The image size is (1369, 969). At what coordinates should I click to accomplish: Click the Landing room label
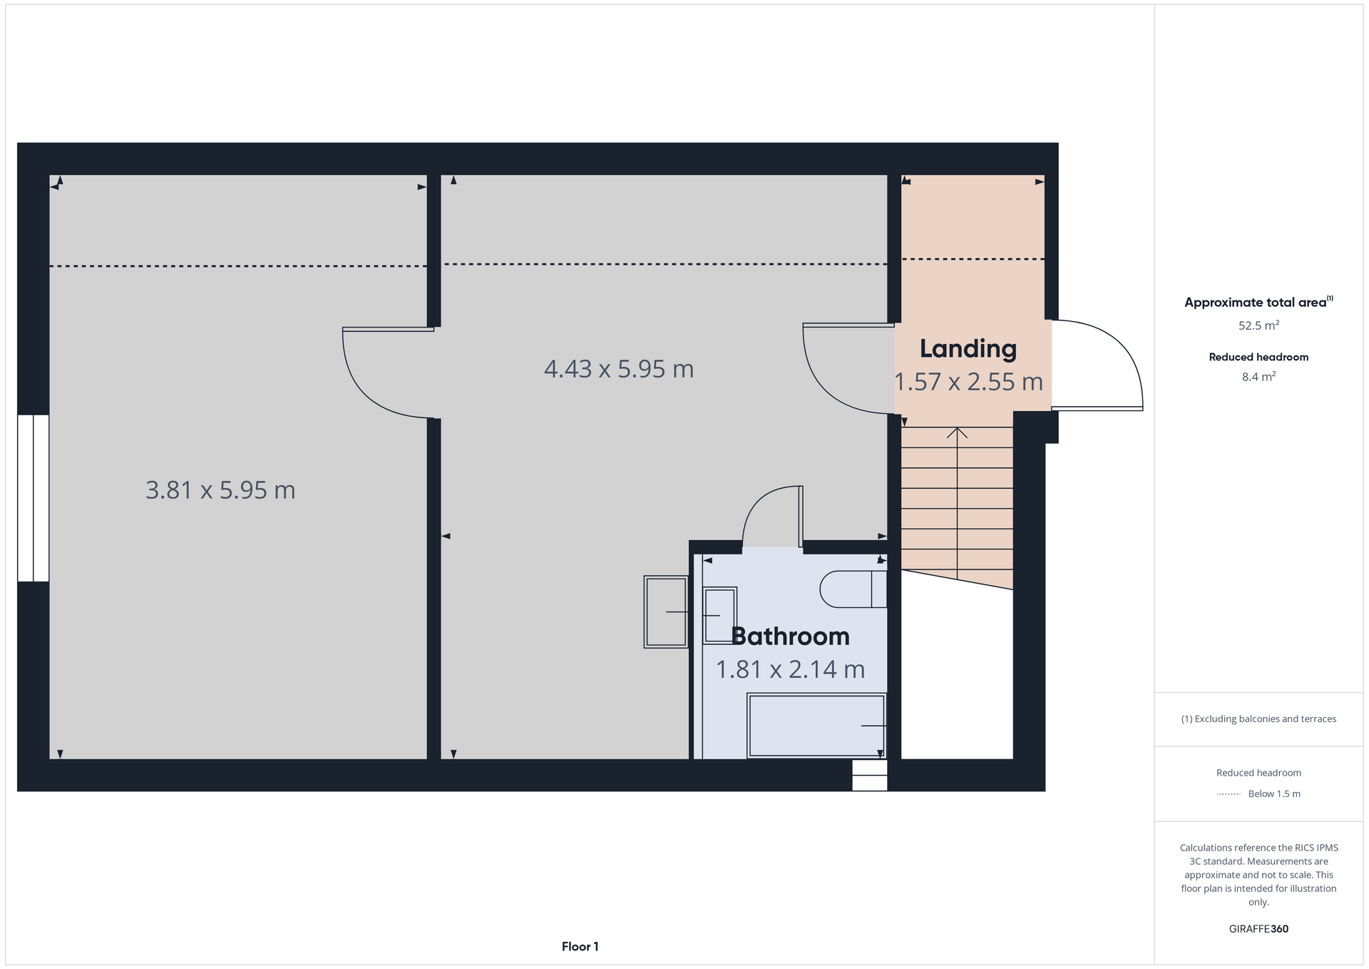pyautogui.click(x=968, y=348)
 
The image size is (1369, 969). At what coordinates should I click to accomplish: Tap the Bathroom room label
pyautogui.click(x=790, y=636)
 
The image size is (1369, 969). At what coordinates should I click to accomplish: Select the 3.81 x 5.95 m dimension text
pyautogui.click(x=220, y=490)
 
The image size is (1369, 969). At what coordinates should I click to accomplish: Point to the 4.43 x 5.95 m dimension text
pyautogui.click(x=618, y=369)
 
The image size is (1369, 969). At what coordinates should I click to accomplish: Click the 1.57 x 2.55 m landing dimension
pyautogui.click(x=968, y=382)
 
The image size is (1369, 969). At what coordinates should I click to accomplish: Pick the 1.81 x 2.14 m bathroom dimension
pyautogui.click(x=790, y=669)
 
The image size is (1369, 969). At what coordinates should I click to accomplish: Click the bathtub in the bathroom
pyautogui.click(x=816, y=725)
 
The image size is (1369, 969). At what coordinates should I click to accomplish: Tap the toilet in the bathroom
pyautogui.click(x=853, y=589)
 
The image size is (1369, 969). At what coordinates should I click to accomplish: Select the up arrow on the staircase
pyautogui.click(x=957, y=433)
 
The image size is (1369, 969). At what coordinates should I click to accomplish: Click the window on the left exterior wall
pyautogui.click(x=34, y=498)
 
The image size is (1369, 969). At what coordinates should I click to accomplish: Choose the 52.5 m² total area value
pyautogui.click(x=1258, y=325)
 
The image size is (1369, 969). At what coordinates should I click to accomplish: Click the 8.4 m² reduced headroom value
pyautogui.click(x=1258, y=377)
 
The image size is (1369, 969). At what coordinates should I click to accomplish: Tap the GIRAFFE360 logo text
pyautogui.click(x=1258, y=929)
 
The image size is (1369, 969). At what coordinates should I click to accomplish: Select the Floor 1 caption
pyautogui.click(x=580, y=947)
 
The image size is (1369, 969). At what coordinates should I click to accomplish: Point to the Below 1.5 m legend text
pyautogui.click(x=1273, y=794)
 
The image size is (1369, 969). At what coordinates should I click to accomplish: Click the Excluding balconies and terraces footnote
pyautogui.click(x=1258, y=719)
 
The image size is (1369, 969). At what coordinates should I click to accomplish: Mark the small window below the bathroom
pyautogui.click(x=869, y=775)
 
